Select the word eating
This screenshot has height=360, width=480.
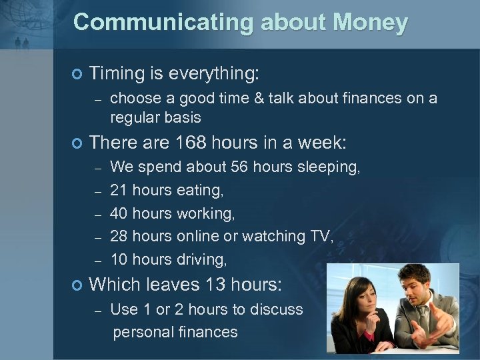click(x=201, y=191)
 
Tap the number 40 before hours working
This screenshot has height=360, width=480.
click(x=119, y=213)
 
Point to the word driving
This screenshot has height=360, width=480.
click(x=201, y=259)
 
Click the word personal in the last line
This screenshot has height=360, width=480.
click(x=144, y=331)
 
